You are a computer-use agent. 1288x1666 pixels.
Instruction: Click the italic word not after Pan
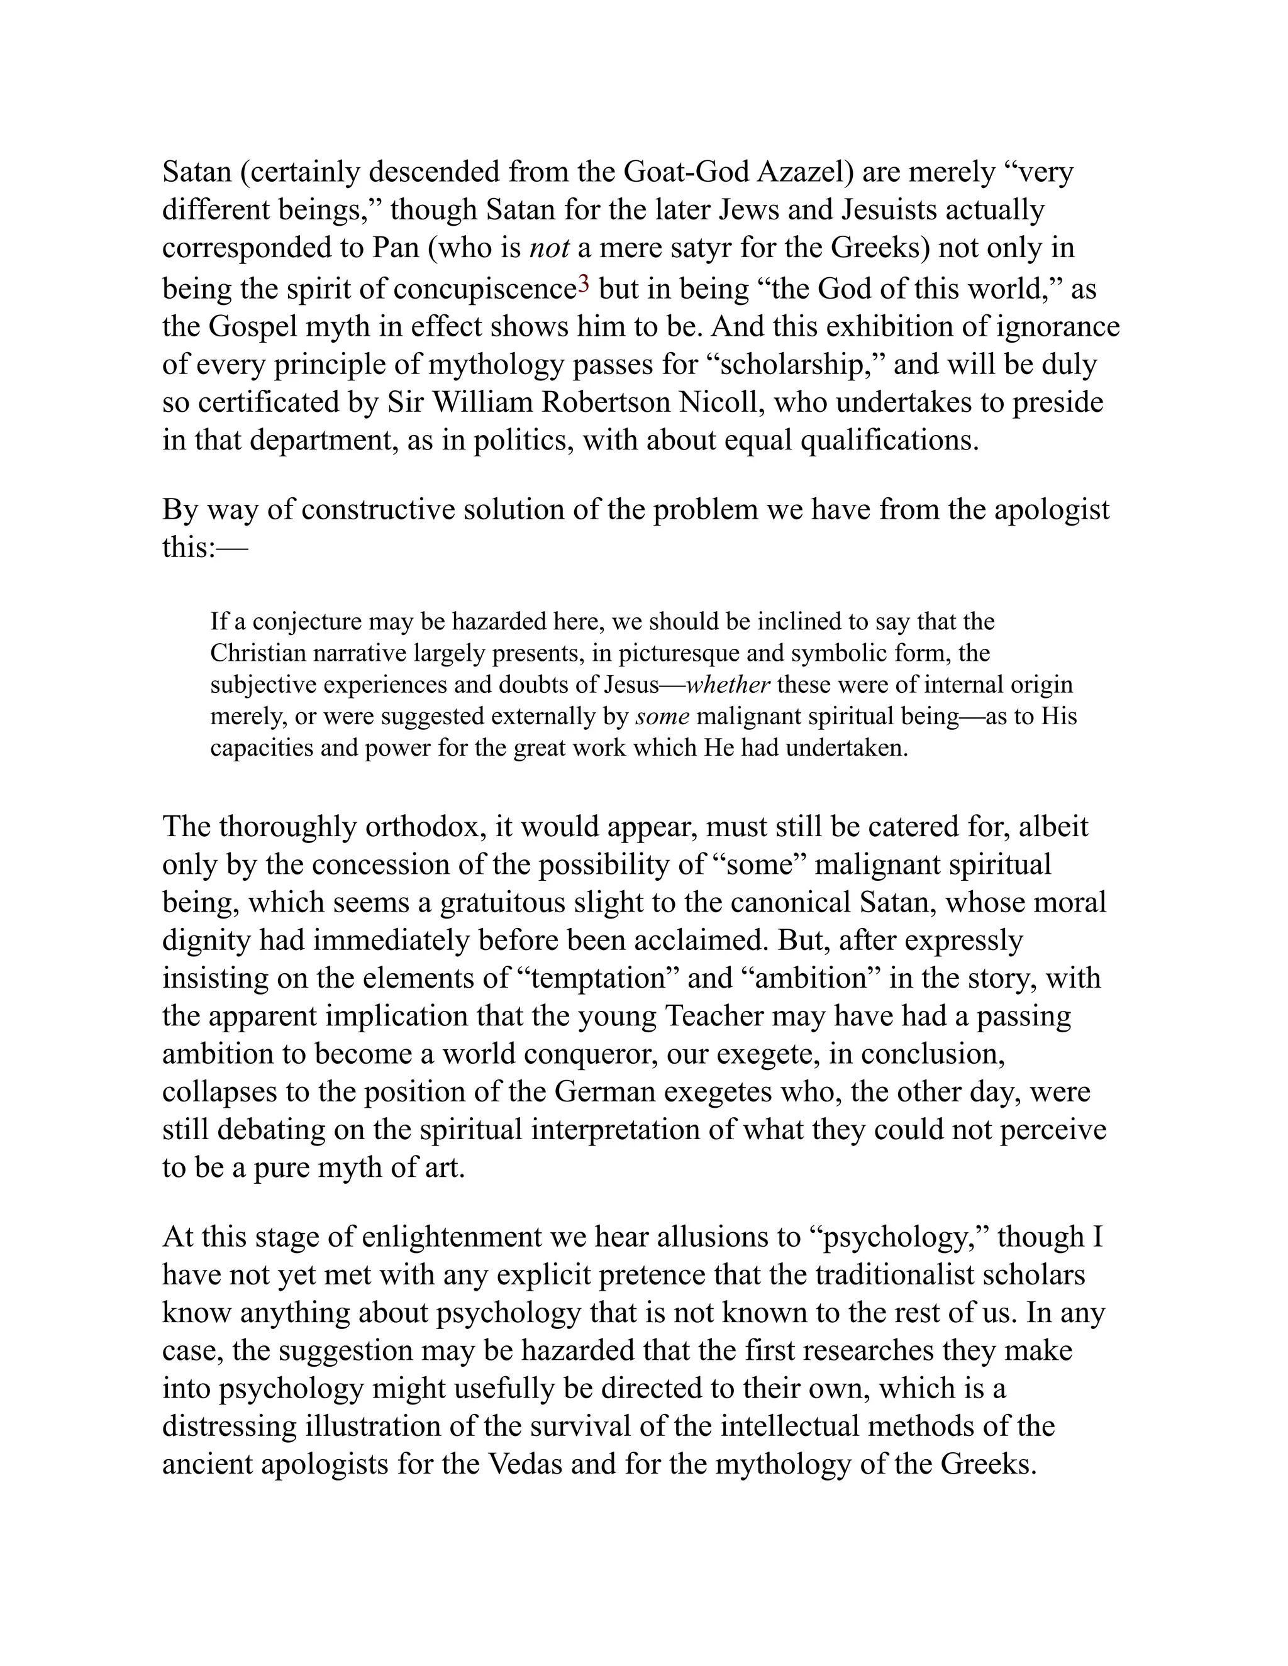550,248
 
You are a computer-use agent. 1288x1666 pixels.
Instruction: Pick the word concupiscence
484,289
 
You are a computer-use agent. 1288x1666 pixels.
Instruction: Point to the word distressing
229,1426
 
